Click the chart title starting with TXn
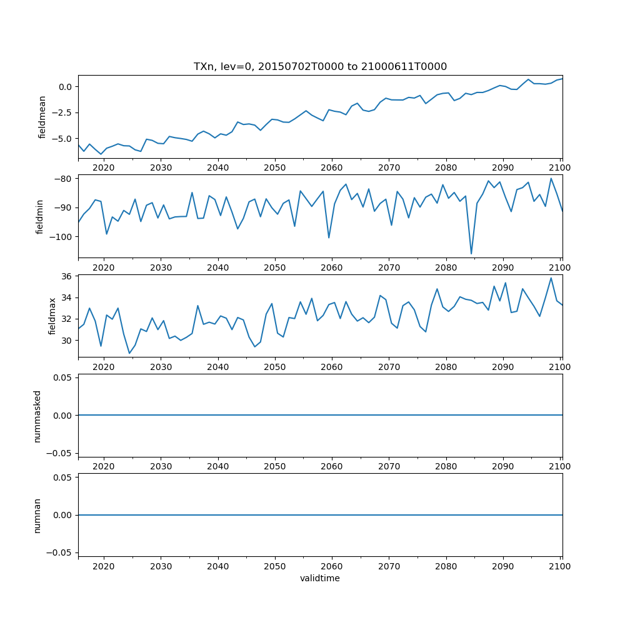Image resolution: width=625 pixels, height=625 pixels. (320, 67)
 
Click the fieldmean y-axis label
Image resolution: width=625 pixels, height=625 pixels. (42, 117)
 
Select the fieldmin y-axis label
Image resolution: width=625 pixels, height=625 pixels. (39, 216)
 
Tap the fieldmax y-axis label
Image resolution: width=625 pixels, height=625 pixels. (52, 316)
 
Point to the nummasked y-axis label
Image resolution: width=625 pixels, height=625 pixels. (37, 416)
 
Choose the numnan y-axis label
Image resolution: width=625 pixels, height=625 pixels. (37, 515)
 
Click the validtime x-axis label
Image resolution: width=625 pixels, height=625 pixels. (320, 578)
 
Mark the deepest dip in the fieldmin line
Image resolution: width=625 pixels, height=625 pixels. (471, 254)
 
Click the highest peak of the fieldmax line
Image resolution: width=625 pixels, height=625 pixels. (551, 278)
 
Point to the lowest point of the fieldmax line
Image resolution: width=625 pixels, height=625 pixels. (129, 353)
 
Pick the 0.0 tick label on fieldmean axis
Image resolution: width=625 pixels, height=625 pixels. (64, 86)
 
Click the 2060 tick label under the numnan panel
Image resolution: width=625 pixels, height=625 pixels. (331, 566)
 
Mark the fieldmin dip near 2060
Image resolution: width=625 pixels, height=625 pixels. (329, 237)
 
